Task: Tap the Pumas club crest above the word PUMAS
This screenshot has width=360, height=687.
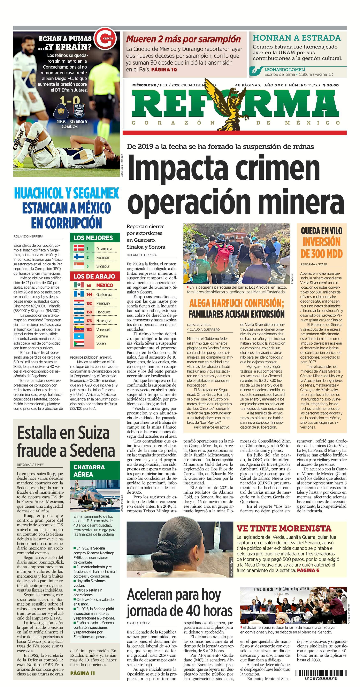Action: click(61, 111)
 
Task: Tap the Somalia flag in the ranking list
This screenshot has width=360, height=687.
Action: click(79, 336)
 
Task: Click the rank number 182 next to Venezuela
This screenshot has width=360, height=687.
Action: click(89, 330)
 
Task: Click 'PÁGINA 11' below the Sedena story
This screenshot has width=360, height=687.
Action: click(83, 673)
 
